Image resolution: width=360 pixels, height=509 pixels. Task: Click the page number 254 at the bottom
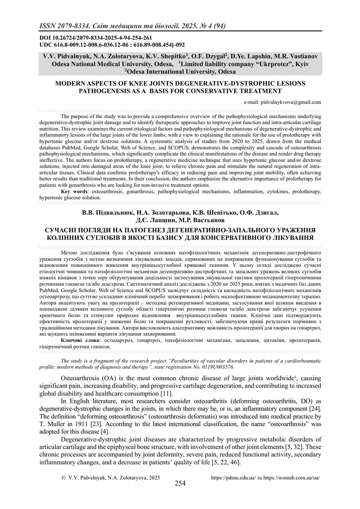(x=180, y=483)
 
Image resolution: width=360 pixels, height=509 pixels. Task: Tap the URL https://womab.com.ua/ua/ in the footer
(x=294, y=477)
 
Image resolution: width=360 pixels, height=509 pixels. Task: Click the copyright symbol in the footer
(x=63, y=477)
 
